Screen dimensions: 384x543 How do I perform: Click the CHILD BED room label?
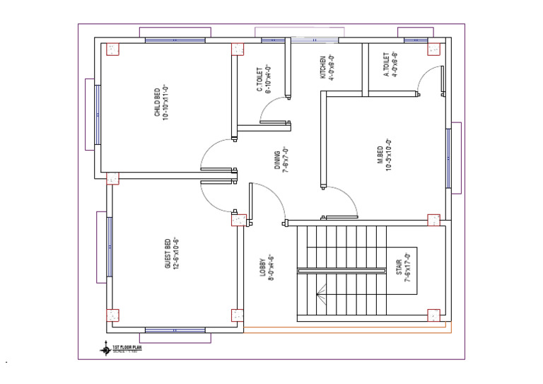160,104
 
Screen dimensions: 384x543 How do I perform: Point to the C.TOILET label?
264,79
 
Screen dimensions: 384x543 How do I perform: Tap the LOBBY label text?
266,269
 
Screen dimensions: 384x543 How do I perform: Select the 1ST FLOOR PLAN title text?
127,347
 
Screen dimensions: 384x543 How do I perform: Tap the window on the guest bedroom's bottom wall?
175,330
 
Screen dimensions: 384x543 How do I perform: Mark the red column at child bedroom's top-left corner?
112,50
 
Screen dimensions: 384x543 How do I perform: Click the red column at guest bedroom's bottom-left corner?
112,315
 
